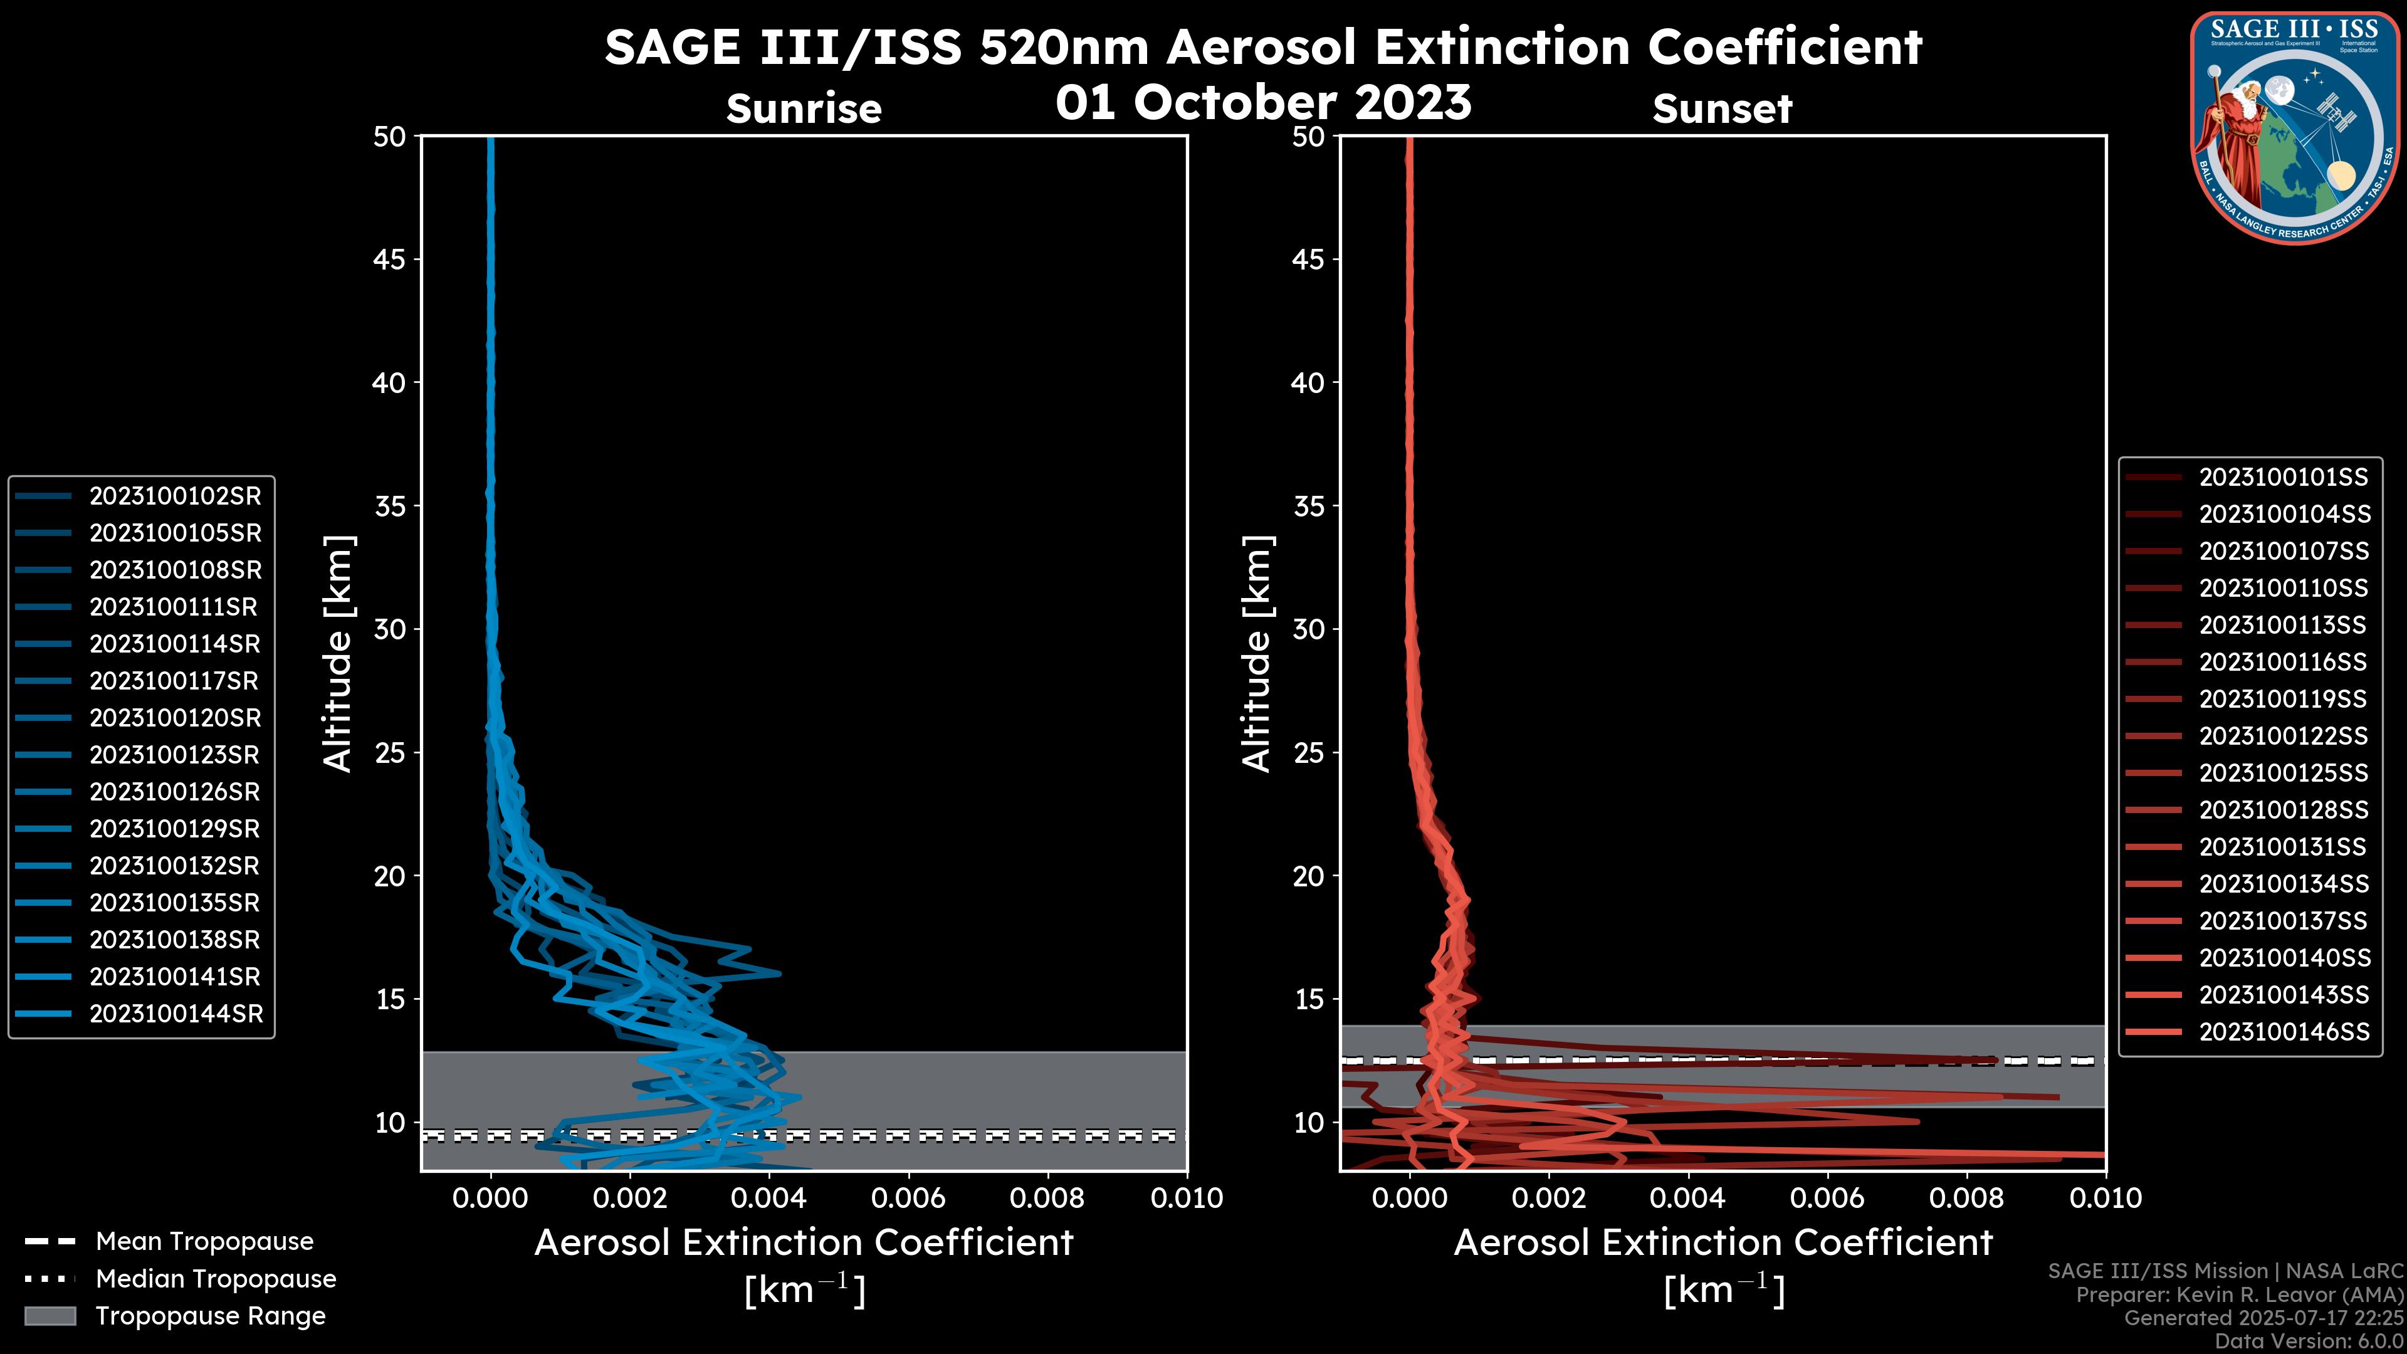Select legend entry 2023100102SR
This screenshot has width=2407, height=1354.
tap(175, 496)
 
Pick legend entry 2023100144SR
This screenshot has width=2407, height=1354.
tap(176, 1014)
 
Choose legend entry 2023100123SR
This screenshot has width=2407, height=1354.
tap(175, 755)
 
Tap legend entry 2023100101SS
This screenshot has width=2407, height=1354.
tap(2284, 478)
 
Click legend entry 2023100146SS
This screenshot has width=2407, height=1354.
tap(2284, 1032)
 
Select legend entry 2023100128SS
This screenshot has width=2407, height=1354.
tap(2284, 810)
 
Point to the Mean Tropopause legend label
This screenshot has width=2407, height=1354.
tap(204, 1242)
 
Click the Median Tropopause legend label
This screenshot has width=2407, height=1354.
tap(216, 1279)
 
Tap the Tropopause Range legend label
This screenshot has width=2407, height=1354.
tap(210, 1316)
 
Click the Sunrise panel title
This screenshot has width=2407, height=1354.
tap(804, 109)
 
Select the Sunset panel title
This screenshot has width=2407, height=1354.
tap(1722, 109)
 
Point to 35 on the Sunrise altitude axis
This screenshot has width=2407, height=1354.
tap(390, 506)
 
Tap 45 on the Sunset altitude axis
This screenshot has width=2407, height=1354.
tap(1308, 260)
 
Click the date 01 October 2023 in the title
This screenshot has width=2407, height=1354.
tap(1263, 103)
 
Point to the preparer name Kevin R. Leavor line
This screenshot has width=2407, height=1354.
tap(2239, 1295)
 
